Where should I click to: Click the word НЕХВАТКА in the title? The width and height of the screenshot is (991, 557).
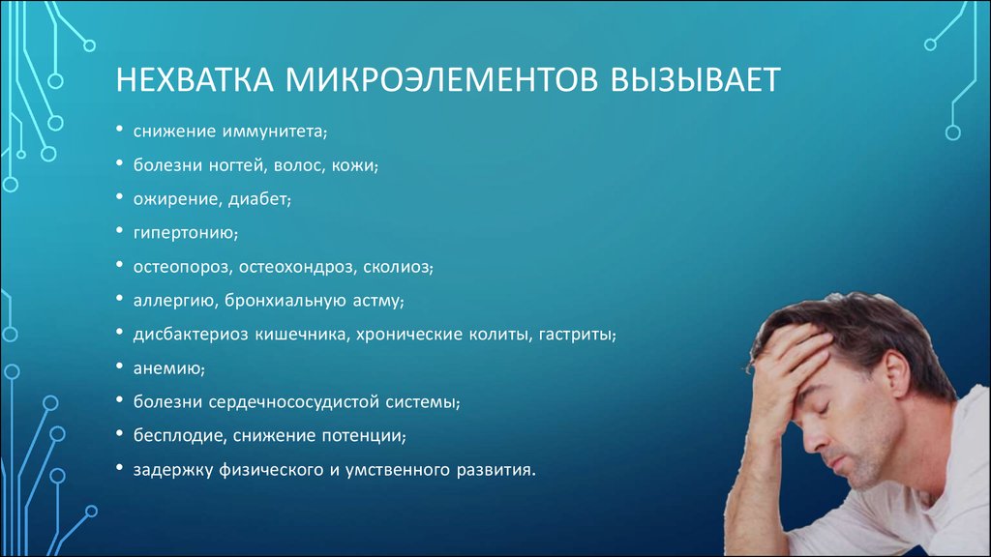[194, 80]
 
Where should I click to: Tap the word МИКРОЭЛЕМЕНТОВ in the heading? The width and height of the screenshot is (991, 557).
[441, 80]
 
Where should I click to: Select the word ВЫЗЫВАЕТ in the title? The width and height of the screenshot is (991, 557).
[695, 80]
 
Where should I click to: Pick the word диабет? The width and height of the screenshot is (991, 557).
[257, 199]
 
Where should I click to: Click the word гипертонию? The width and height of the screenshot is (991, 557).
[183, 234]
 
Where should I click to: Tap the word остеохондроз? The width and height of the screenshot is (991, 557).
[296, 267]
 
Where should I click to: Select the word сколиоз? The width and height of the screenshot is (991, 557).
[396, 267]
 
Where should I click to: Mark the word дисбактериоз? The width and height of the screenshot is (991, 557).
[191, 334]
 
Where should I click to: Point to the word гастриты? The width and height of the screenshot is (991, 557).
[575, 335]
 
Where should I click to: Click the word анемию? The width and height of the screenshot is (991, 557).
[167, 368]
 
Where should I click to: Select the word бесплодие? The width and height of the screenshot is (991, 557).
[178, 436]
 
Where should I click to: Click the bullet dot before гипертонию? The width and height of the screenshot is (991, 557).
[119, 230]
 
